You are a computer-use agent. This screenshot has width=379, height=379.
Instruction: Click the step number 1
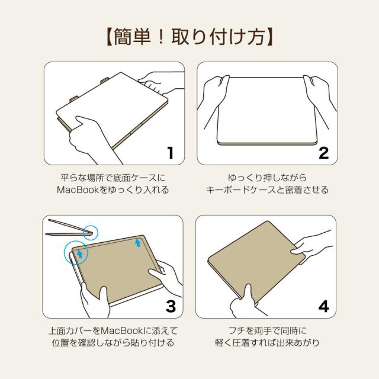170,152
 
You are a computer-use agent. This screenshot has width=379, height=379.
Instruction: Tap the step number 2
323,152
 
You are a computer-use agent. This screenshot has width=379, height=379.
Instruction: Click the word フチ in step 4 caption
235,330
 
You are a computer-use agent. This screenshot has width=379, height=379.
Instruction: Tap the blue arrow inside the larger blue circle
78,253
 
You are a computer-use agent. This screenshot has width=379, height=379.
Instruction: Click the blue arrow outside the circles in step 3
138,242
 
